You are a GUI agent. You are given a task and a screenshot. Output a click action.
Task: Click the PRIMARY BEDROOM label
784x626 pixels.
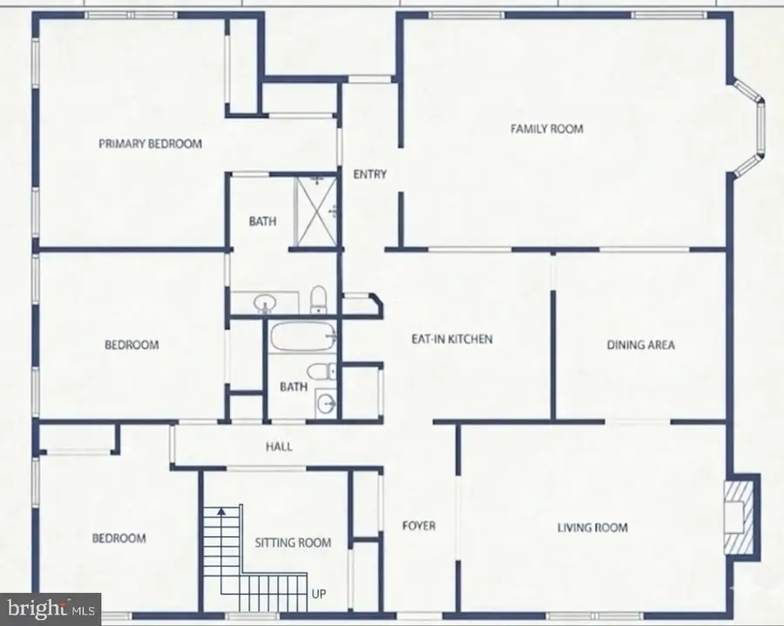point(150,144)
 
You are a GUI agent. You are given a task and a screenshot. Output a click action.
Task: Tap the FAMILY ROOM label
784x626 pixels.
point(546,129)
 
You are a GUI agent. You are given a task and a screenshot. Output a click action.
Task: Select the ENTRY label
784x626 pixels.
point(369,174)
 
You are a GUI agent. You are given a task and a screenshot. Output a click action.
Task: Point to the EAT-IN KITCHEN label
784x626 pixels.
point(452,339)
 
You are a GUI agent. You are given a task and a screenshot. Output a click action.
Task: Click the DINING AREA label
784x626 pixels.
point(640,345)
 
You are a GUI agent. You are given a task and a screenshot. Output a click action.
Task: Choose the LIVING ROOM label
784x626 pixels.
point(592,527)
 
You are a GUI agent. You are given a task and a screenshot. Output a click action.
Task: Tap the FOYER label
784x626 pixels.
point(418,525)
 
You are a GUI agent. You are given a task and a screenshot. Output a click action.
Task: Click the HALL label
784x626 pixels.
point(279,447)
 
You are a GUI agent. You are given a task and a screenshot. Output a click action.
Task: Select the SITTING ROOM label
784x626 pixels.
point(293,542)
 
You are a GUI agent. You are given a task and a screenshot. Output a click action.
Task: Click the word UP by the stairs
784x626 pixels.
point(319,595)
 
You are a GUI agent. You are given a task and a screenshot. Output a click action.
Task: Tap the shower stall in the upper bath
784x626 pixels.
point(316,209)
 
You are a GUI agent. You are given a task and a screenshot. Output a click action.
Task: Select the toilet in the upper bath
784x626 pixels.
point(319,299)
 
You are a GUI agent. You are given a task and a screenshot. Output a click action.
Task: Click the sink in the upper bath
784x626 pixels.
point(265,303)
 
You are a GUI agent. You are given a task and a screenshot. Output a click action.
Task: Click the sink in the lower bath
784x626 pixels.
point(325,403)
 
